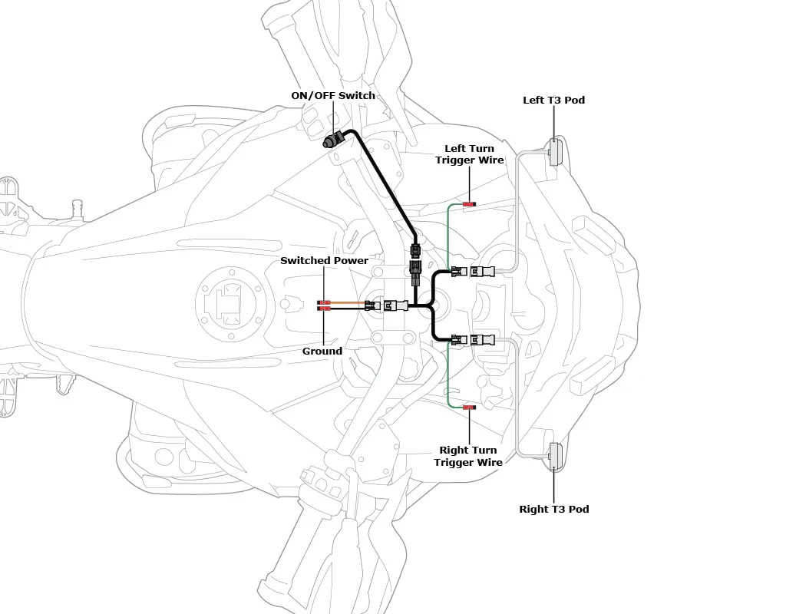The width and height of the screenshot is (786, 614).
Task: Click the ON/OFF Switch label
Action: point(333,95)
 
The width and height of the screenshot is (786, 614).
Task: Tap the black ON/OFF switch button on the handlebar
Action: point(332,140)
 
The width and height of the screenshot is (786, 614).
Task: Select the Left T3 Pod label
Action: point(554,100)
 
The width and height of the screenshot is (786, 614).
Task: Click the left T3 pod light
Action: point(554,152)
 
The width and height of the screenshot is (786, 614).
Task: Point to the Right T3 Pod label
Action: point(554,509)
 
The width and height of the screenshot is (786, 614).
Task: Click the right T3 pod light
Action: point(555,457)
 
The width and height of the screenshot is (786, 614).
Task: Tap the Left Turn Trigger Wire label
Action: point(470,153)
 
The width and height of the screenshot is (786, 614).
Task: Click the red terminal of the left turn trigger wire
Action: point(469,204)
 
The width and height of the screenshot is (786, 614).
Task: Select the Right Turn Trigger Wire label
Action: point(468,456)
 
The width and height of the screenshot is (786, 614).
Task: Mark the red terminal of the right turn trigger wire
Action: point(469,408)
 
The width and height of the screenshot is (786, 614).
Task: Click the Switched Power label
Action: point(325,261)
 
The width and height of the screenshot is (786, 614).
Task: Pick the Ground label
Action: point(322,351)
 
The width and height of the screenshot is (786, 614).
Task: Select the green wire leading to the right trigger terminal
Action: point(447,375)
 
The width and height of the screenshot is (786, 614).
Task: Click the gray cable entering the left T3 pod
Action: point(517,210)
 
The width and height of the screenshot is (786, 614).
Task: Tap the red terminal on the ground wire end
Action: point(324,309)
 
